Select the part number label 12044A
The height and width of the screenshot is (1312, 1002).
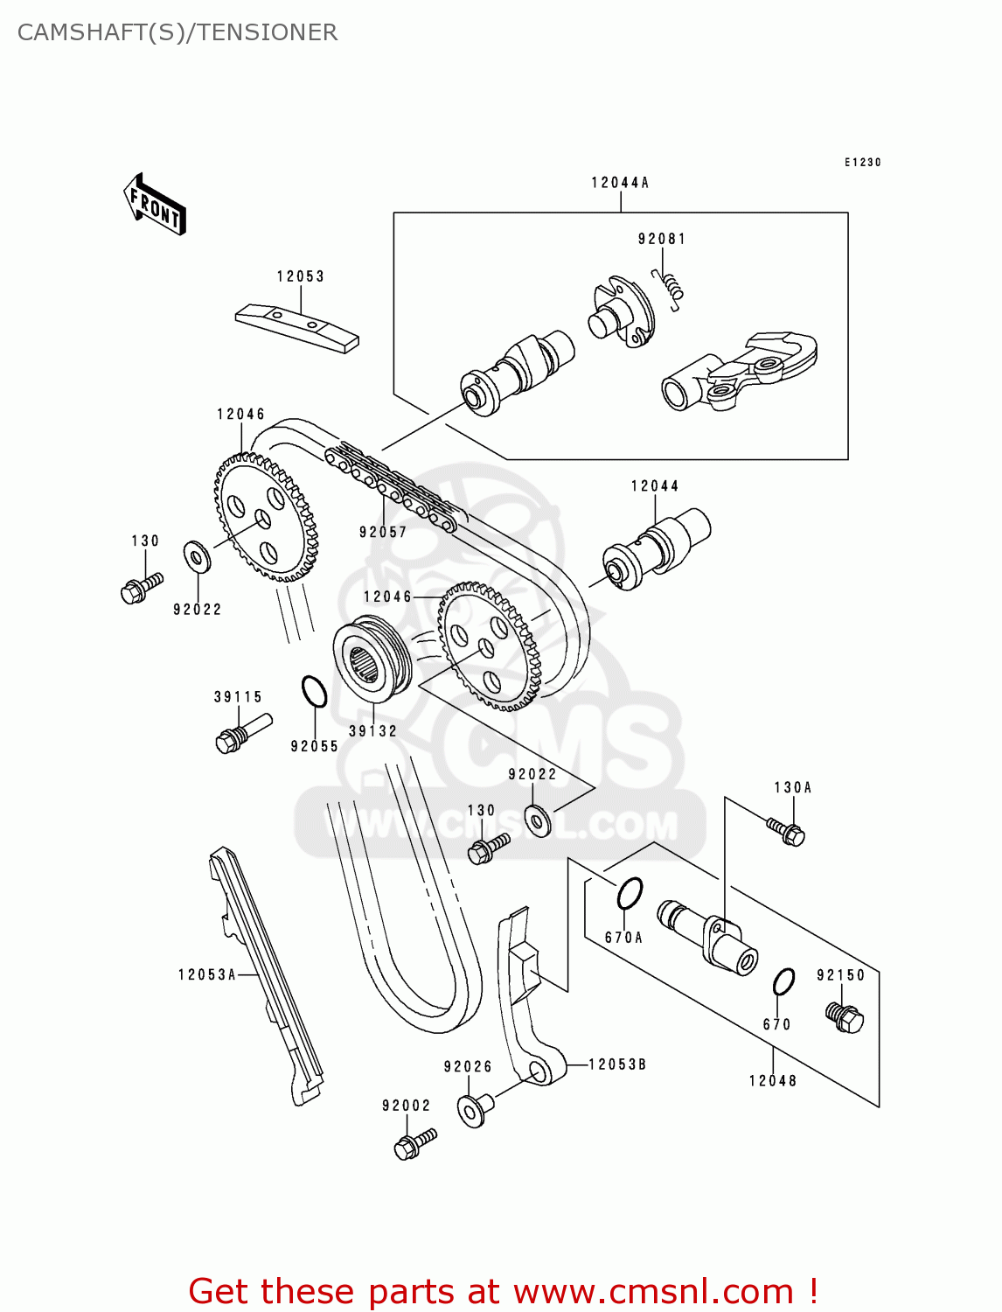(620, 183)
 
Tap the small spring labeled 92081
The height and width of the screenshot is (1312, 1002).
(670, 288)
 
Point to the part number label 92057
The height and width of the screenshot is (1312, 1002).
(383, 532)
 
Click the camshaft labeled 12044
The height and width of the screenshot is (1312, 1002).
(656, 549)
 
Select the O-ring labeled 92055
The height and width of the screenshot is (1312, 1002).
(314, 691)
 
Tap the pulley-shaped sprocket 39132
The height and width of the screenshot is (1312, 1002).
(372, 660)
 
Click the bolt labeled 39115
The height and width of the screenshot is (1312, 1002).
(241, 733)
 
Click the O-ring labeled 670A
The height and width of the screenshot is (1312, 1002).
(630, 893)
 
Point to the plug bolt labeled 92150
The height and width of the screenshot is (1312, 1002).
(845, 1016)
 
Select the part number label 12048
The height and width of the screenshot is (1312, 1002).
(773, 1081)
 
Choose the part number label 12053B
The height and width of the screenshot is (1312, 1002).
(617, 1064)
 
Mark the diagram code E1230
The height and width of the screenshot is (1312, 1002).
(862, 163)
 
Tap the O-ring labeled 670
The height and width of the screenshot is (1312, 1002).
(783, 982)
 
